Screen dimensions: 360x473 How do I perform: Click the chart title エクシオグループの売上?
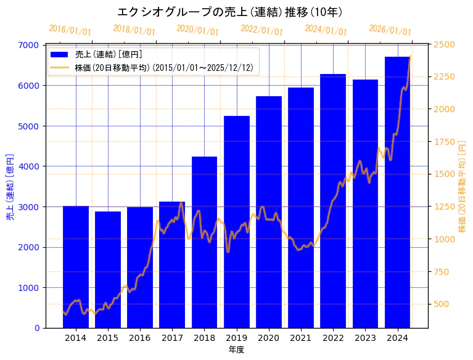point(230,12)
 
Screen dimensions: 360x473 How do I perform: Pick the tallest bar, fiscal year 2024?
point(397,192)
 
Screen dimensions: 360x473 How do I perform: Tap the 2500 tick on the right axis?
point(444,44)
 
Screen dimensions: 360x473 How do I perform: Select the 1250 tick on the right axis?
point(444,207)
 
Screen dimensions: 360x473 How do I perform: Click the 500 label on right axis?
point(442,304)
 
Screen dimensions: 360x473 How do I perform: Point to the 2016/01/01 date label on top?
point(70,30)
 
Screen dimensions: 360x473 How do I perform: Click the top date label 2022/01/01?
point(261,30)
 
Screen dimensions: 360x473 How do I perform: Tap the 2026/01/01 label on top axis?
point(390,30)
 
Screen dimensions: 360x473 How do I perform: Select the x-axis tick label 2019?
point(236,338)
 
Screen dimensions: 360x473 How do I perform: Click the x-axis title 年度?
point(236,350)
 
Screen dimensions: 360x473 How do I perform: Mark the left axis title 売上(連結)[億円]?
point(10,186)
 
